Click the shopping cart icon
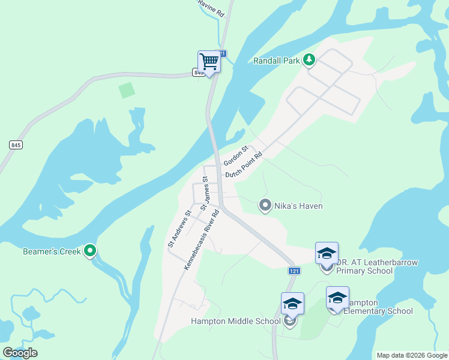pyautogui.click(x=209, y=61)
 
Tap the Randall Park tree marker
pyautogui.click(x=309, y=59)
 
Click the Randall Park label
pyautogui.click(x=276, y=61)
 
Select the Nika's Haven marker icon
pyautogui.click(x=265, y=206)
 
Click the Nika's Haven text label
pyautogui.click(x=298, y=206)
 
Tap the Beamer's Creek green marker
pyautogui.click(x=90, y=251)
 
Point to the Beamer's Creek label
pyautogui.click(x=52, y=251)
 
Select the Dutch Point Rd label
pyautogui.click(x=244, y=164)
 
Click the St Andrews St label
pyautogui.click(x=179, y=228)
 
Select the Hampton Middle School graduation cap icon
pyautogui.click(x=292, y=303)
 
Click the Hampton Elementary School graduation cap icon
pyautogui.click(x=337, y=297)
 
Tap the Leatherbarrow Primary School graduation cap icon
pyautogui.click(x=327, y=253)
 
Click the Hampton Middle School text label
pyautogui.click(x=235, y=321)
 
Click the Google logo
pyautogui.click(x=20, y=353)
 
